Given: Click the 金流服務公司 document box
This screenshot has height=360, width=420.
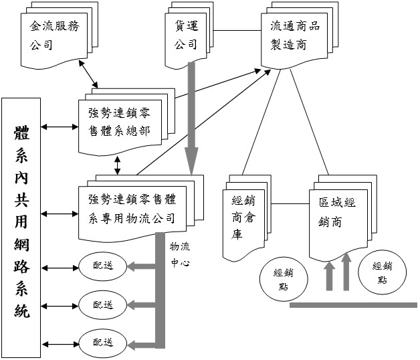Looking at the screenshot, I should tap(50, 37).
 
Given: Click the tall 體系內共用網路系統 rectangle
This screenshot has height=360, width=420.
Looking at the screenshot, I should tap(21, 224).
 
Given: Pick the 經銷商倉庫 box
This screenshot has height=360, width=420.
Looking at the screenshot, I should tap(241, 217).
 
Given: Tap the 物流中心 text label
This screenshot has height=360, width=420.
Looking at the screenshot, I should tap(180, 255).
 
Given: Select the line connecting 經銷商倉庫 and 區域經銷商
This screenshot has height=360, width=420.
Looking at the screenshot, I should tap(290, 204).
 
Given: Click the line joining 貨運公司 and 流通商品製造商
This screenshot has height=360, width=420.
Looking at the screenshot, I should tap(238, 31).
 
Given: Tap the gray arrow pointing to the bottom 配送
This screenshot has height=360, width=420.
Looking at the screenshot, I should tap(144, 345).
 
